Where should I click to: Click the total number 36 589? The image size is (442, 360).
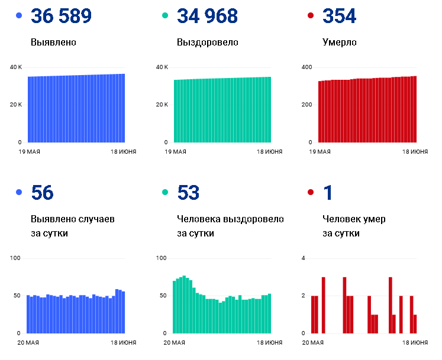click(61, 16)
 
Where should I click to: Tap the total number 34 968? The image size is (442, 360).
click(207, 16)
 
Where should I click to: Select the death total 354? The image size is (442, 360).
click(340, 16)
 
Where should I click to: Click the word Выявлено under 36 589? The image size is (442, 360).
click(54, 42)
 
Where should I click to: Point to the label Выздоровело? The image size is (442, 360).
click(208, 43)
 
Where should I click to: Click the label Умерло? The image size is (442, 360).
click(340, 43)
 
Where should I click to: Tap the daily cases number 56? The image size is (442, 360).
click(42, 193)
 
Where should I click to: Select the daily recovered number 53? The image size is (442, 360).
click(188, 193)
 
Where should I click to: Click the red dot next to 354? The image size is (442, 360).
click(311, 15)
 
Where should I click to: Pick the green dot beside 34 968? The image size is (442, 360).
click(165, 15)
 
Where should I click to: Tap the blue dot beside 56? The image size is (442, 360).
click(19, 192)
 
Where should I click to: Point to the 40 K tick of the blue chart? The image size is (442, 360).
click(16, 67)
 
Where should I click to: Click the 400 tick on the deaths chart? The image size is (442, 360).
click(307, 67)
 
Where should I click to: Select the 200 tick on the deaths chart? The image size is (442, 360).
click(307, 105)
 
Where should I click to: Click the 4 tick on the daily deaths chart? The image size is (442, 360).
click(304, 258)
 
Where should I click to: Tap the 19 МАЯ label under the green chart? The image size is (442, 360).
click(175, 152)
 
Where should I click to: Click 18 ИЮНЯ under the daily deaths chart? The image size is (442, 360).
click(415, 343)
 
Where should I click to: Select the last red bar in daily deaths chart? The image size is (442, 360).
click(415, 324)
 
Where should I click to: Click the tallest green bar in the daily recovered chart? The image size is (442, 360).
click(184, 304)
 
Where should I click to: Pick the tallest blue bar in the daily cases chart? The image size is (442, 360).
click(117, 312)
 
